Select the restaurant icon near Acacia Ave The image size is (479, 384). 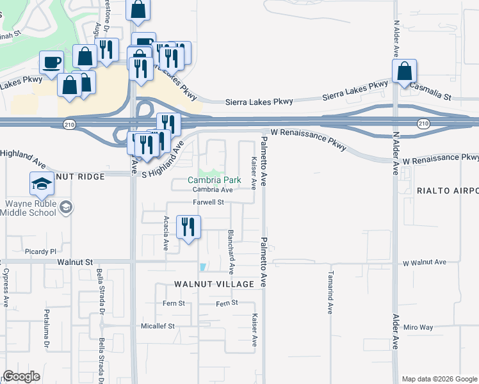click(188, 227)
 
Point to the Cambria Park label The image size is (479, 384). click(214, 180)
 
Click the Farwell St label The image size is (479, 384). click(208, 202)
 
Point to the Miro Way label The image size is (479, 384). click(418, 327)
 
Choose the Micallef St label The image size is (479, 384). click(158, 326)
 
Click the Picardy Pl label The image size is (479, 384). click(41, 252)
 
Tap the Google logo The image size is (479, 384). click(21, 376)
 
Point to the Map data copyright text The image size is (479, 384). click(439, 379)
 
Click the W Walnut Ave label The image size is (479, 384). click(425, 262)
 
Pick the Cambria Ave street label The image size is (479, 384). click(213, 189)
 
